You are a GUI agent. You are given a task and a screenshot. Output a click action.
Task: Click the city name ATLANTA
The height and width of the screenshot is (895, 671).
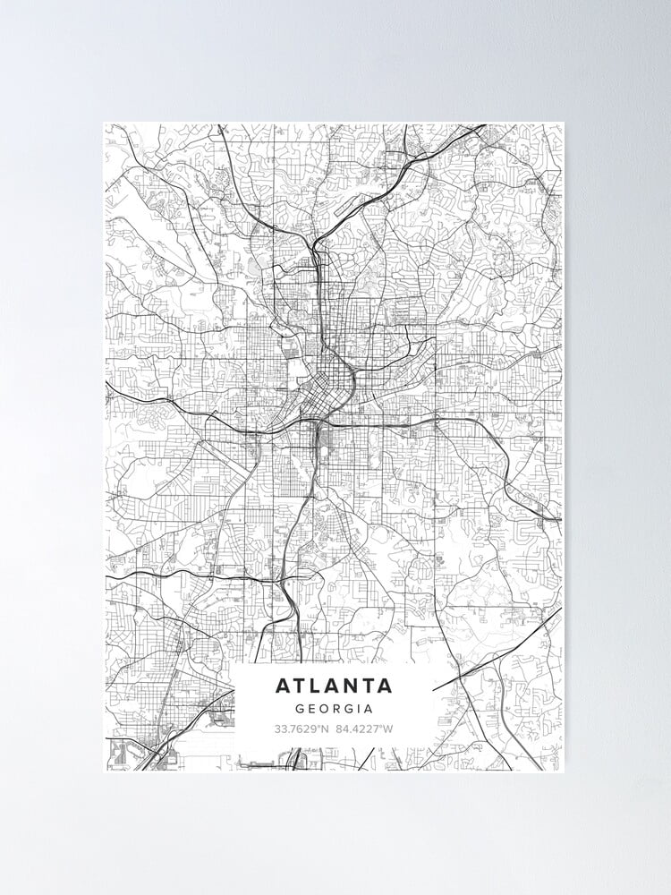[334, 686]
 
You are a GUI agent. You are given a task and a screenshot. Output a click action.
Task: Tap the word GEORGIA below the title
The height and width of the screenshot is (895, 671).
[334, 706]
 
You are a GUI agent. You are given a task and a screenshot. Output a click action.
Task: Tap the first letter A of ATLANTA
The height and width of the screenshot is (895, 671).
[284, 686]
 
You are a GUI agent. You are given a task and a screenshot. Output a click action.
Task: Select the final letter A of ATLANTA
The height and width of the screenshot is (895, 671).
[385, 686]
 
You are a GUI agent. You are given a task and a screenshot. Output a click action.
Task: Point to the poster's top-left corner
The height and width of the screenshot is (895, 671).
[104, 124]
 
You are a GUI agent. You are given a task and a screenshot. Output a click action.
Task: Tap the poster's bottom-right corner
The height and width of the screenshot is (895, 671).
[564, 771]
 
